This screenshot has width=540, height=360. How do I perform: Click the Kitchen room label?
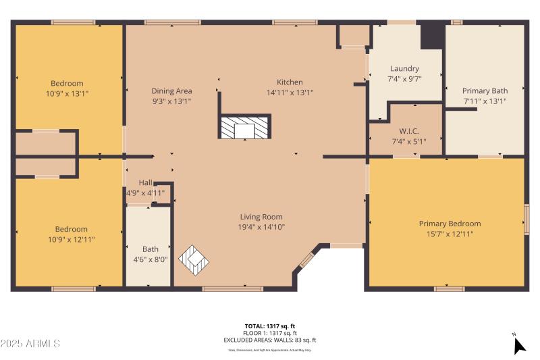pyautogui.click(x=290, y=82)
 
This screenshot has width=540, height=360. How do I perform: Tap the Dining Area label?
pyautogui.click(x=171, y=91)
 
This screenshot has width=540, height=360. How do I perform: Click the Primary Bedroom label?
pyautogui.click(x=450, y=224)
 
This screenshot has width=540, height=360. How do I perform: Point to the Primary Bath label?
pyautogui.click(x=485, y=91)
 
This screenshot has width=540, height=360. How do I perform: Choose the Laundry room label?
pyautogui.click(x=404, y=68)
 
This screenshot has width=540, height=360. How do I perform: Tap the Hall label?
pyautogui.click(x=146, y=182)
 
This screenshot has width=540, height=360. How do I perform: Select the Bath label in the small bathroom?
pyautogui.click(x=150, y=249)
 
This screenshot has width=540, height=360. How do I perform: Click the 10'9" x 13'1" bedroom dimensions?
pyautogui.click(x=67, y=93)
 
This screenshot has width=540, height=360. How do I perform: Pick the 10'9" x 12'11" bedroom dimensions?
pyautogui.click(x=67, y=239)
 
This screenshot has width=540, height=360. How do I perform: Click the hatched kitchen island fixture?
pyautogui.click(x=244, y=127)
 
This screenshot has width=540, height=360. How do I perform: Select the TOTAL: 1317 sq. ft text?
pyautogui.click(x=270, y=326)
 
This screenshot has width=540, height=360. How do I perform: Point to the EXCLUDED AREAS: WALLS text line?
pyautogui.click(x=270, y=340)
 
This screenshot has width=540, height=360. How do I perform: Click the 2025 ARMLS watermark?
pyautogui.click(x=30, y=344)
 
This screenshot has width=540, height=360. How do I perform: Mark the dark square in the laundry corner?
pyautogui.click(x=432, y=36)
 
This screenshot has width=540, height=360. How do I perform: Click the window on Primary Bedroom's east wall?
pyautogui.click(x=526, y=220)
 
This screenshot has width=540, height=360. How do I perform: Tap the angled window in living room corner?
pyautogui.click(x=306, y=260)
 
